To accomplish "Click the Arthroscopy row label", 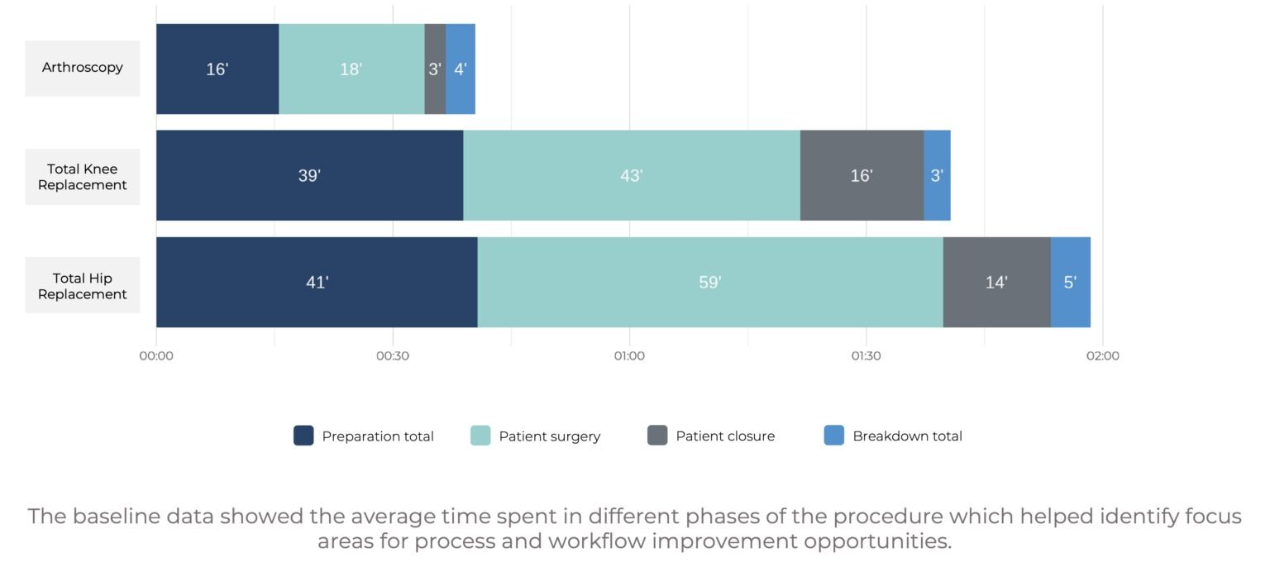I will (82, 68).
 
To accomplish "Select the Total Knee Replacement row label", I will (82, 177).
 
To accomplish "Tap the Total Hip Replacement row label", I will (82, 286).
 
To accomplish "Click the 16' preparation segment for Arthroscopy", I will (217, 69).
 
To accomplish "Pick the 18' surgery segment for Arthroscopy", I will (351, 69).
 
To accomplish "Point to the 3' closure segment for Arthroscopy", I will (435, 69).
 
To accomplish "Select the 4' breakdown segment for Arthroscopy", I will (461, 69).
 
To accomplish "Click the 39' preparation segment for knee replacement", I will (309, 175).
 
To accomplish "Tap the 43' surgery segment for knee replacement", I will (632, 175).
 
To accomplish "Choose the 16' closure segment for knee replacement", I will (862, 175).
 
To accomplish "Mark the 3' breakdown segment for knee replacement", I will (937, 175).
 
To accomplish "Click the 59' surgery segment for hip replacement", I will (710, 283).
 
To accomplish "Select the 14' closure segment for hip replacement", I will (996, 283).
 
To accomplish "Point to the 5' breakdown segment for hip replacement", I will (1070, 283).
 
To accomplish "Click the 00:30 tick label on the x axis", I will (393, 356).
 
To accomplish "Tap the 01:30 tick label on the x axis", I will (866, 356).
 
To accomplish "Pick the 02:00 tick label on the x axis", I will (1102, 356).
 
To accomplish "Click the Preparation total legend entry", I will (364, 436).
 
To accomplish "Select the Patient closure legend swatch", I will (657, 436).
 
